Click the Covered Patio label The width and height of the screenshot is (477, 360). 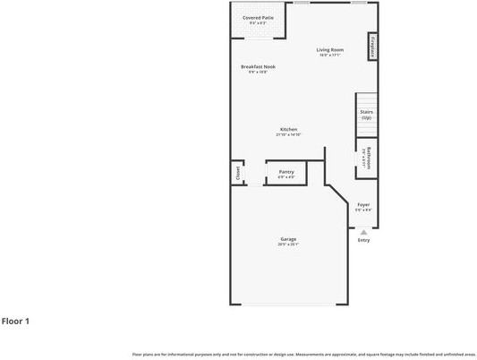point(258,17)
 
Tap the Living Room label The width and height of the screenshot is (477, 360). point(330,49)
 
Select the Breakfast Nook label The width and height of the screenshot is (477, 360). point(258,67)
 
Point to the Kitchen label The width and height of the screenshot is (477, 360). point(288,129)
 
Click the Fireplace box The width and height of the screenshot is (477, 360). point(371,47)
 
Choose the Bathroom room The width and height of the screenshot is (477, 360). point(365,159)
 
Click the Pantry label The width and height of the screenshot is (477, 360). point(286,171)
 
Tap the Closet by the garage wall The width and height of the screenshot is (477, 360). point(238,174)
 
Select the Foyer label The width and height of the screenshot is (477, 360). point(363,205)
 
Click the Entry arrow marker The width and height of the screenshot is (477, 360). point(363,232)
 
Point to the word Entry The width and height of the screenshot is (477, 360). point(363,240)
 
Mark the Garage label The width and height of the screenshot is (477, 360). point(288,239)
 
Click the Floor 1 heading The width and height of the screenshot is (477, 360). point(15,321)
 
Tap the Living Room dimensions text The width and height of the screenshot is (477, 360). point(330,56)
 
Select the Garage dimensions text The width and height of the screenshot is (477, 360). point(288,244)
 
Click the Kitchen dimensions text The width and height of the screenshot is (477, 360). point(288,135)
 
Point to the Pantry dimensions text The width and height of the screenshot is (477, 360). point(286,176)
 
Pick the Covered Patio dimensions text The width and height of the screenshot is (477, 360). point(258,22)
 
